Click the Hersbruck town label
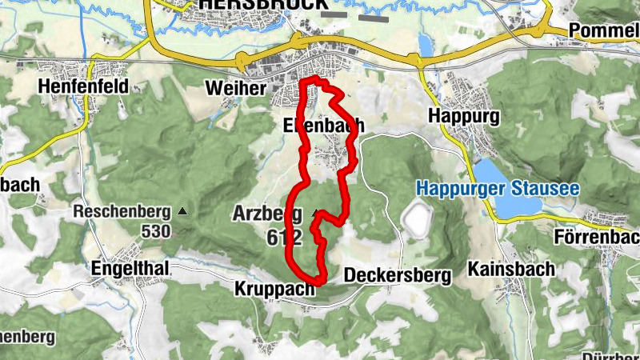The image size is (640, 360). click(252, 4)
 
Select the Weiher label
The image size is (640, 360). click(234, 88)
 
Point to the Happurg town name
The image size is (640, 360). click(464, 117)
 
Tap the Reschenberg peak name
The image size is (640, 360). click(122, 212)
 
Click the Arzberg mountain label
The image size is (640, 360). click(267, 214)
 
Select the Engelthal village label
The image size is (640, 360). click(130, 269)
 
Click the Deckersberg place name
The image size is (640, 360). click(397, 275)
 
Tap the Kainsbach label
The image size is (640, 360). click(511, 269)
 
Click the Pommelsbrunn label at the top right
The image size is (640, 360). click(604, 30)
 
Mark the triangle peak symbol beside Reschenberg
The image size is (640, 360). click(183, 211)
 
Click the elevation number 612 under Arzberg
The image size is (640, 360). click(286, 237)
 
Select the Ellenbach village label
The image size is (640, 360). click(323, 125)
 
